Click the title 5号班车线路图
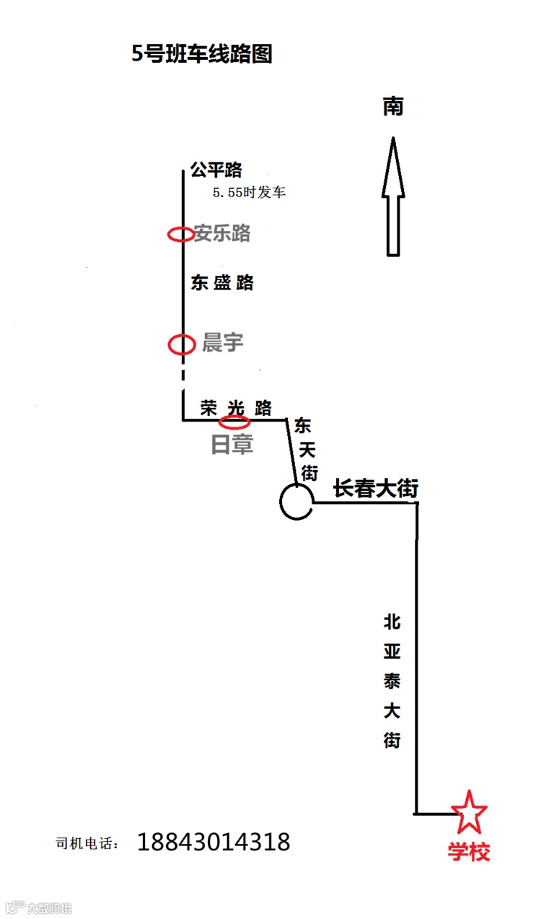coord(202,54)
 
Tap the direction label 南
coord(393,107)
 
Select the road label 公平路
coord(216,170)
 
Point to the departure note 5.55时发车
coord(250,193)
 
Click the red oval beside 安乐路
coord(180,234)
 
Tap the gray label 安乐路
coord(222,233)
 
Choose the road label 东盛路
coord(222,282)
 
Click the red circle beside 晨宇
coord(181,344)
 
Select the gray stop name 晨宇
coord(222,343)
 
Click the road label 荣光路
coord(236,408)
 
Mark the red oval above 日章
coord(235,422)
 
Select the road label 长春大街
coord(375,489)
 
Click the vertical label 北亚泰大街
coord(392,680)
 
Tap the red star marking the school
coord(469,811)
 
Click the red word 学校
coord(469,852)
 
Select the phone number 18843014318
coord(214,842)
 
